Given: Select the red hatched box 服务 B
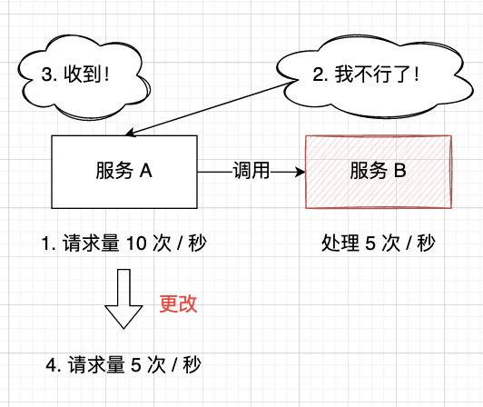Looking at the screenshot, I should tap(377, 170).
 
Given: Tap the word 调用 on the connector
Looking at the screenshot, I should tap(251, 170).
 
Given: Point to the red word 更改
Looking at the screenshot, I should tap(178, 303).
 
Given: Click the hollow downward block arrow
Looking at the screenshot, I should tap(123, 299).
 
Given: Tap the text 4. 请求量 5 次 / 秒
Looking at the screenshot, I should tap(123, 366).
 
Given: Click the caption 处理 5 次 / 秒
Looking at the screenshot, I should tap(378, 243).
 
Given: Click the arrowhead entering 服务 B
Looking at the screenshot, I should tap(298, 170).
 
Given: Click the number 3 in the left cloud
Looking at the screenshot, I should tap(48, 75).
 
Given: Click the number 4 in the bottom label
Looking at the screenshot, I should tap(51, 366).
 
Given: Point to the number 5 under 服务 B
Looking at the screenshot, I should tap(370, 243).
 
